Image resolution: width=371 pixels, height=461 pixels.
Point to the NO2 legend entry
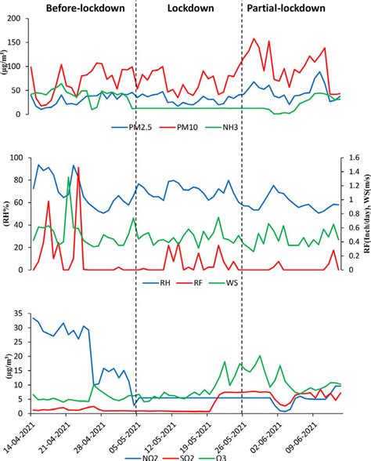tap(147, 455)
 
